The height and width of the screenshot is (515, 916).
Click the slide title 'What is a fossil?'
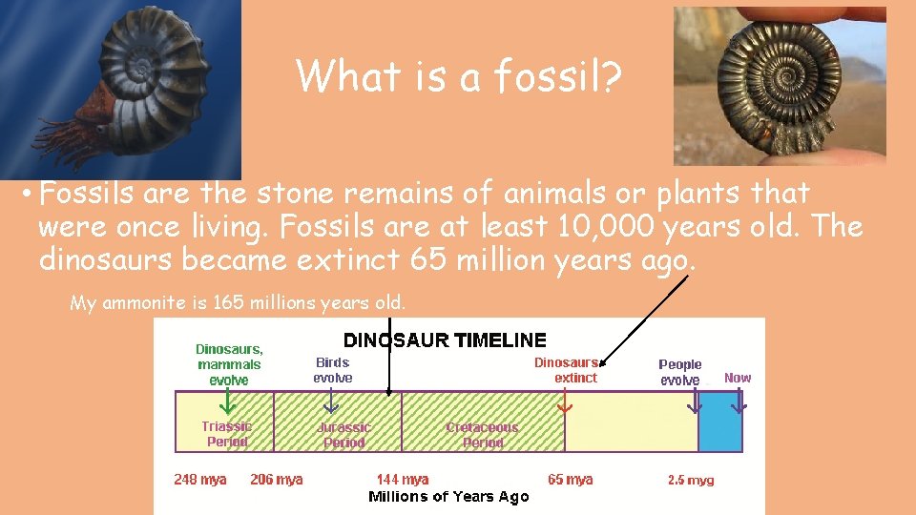tap(459, 75)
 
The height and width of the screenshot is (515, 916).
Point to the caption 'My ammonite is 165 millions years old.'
tap(238, 303)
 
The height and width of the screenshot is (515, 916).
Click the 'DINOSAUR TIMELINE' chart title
tap(445, 340)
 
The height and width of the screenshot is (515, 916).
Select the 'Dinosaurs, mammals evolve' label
tap(229, 364)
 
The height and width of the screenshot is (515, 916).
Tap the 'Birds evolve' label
tap(332, 370)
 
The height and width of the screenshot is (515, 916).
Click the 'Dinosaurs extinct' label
tap(566, 370)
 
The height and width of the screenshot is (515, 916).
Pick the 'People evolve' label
tap(679, 372)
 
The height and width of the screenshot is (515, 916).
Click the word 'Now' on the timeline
tap(738, 378)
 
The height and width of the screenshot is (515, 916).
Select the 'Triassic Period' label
tap(226, 434)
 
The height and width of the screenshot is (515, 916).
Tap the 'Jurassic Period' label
tap(343, 435)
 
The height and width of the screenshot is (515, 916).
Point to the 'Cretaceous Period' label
tap(482, 435)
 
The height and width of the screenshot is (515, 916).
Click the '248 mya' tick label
tap(200, 480)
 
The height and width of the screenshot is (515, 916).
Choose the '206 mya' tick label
tap(276, 480)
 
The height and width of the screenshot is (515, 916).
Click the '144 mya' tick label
tap(402, 480)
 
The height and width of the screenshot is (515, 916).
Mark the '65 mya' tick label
tap(570, 480)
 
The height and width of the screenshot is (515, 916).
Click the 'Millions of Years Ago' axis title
tap(448, 497)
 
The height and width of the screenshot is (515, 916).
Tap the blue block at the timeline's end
tap(719, 422)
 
